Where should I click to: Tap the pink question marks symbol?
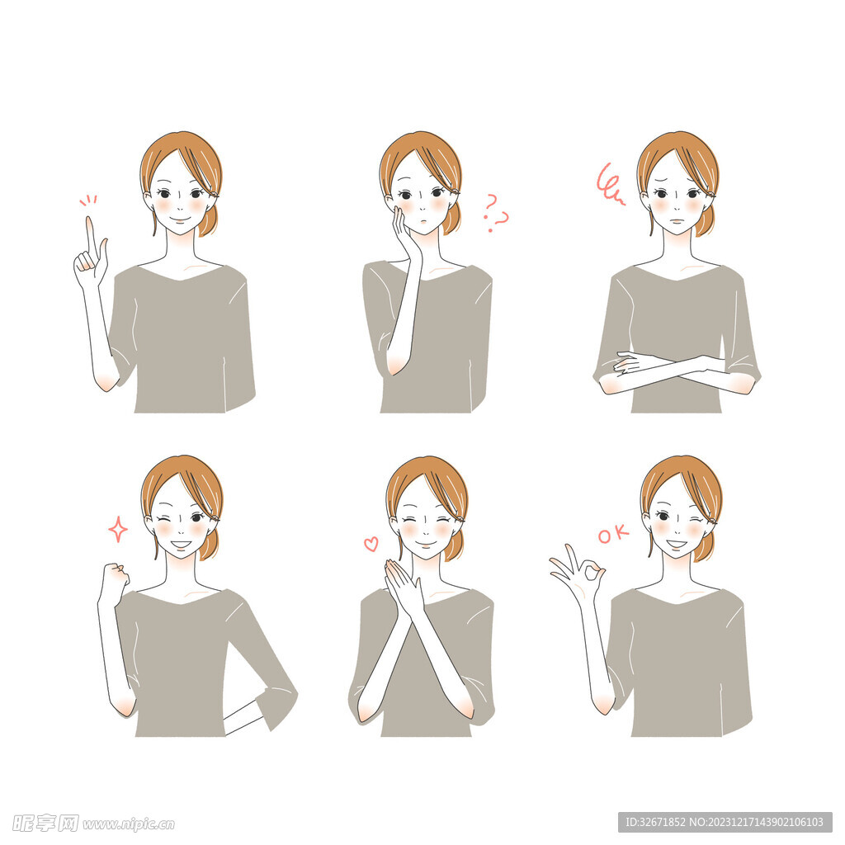(495, 212)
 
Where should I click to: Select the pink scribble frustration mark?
(610, 184)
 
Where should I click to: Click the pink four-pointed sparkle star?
(118, 529)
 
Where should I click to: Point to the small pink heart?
(371, 544)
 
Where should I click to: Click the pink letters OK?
(613, 535)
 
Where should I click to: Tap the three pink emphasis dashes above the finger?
(88, 200)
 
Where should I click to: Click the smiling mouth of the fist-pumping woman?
(181, 545)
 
